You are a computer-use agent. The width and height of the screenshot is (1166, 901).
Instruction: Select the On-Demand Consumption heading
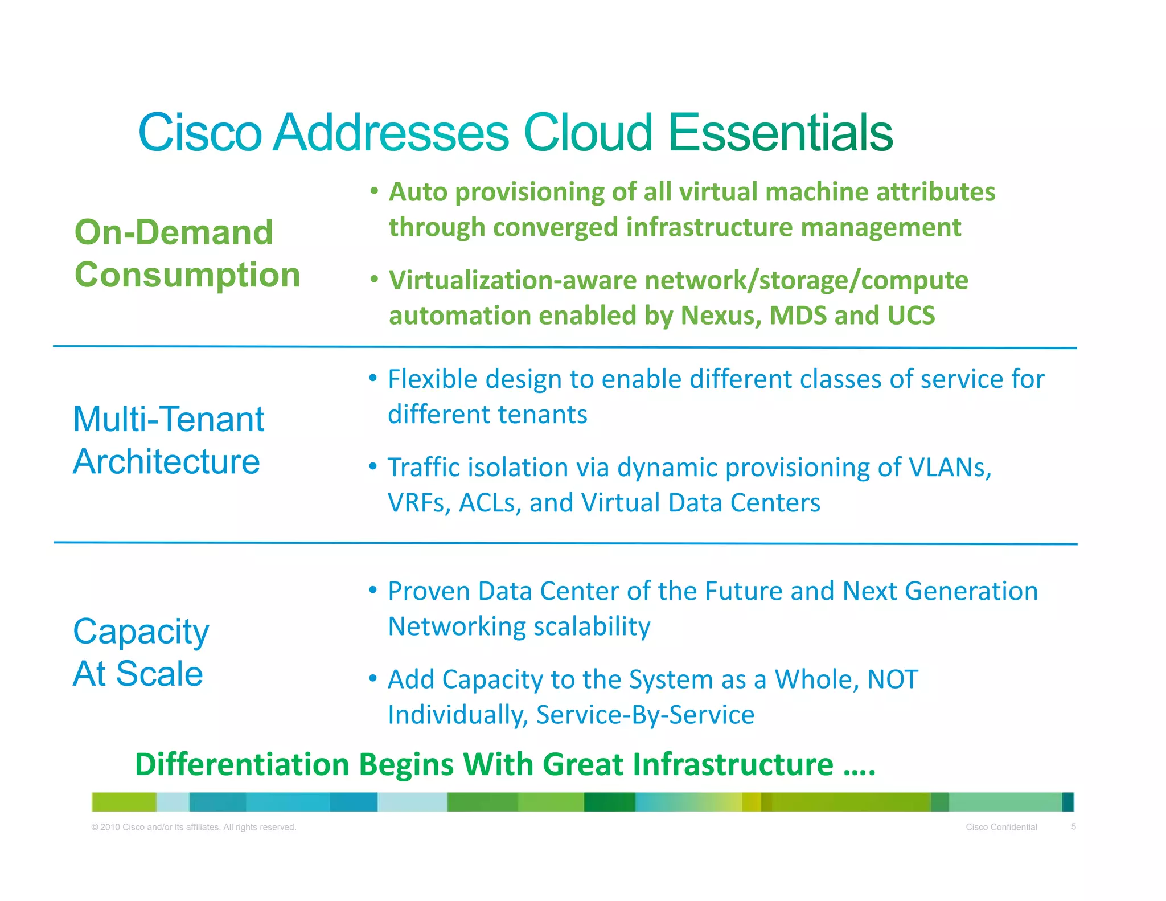[x=187, y=253]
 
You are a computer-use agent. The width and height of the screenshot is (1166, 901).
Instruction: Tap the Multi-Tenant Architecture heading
[x=169, y=440]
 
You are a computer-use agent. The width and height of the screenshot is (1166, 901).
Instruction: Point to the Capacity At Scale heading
[x=141, y=653]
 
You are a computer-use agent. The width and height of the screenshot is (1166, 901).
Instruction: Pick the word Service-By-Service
[x=645, y=715]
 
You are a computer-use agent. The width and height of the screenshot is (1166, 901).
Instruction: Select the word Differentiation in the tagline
[x=242, y=764]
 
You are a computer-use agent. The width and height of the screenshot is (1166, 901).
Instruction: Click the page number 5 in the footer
[x=1073, y=826]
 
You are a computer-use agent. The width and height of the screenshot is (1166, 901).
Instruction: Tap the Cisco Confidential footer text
[x=1001, y=827]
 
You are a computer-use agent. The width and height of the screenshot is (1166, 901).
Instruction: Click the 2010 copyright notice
[x=194, y=827]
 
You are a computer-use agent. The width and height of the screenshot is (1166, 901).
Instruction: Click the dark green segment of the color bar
[x=609, y=802]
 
